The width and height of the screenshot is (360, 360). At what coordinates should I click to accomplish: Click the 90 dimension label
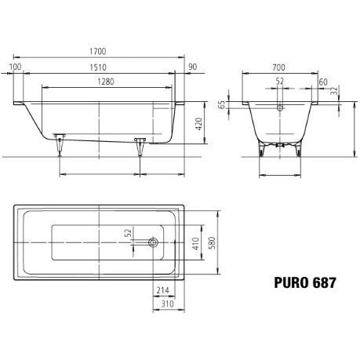(x=192, y=67)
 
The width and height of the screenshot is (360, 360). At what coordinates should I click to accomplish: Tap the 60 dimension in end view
(x=323, y=82)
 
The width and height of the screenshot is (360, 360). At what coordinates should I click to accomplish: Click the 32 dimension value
(x=334, y=91)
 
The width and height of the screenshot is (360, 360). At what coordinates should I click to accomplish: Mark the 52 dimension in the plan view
(x=128, y=232)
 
